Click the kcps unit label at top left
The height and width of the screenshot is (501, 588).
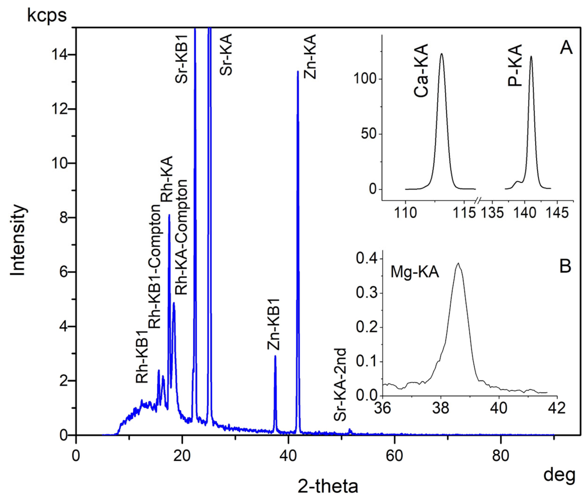tap(47, 15)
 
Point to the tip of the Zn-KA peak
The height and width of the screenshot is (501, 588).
tap(298, 71)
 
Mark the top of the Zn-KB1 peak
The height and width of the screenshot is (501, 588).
tap(275, 356)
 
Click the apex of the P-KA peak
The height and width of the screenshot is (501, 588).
tap(531, 56)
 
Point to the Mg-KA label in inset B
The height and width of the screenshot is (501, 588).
tap(415, 273)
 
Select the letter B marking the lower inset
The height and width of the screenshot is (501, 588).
tap(565, 267)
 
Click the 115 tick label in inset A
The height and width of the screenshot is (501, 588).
tap(464, 213)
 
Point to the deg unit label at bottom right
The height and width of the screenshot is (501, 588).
tap(559, 474)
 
